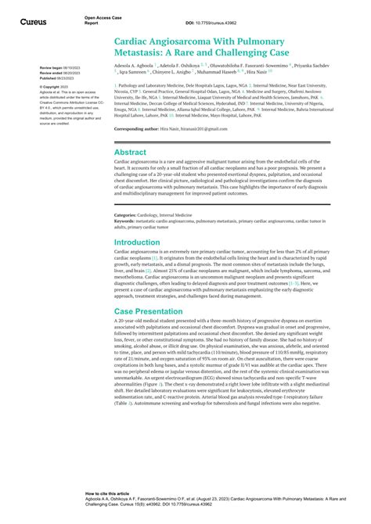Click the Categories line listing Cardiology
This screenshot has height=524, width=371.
coord(160,214)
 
